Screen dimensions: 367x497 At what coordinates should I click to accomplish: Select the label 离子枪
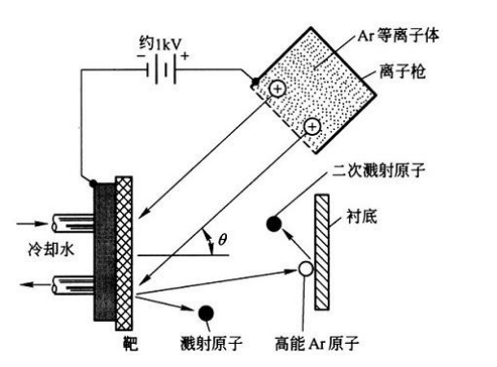click(403, 70)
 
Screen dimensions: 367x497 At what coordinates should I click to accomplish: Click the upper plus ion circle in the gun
click(276, 89)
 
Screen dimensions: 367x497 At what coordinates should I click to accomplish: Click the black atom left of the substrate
click(273, 225)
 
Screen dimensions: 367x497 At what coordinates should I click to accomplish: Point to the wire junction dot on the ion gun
click(256, 85)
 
